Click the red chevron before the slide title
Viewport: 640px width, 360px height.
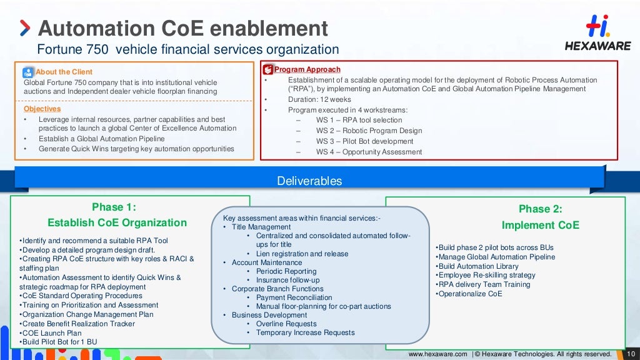click(24, 28)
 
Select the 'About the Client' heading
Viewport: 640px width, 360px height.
click(64, 72)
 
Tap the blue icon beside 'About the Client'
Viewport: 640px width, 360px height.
click(29, 72)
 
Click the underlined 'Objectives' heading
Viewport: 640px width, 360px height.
click(42, 109)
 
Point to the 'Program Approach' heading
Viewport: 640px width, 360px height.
click(307, 69)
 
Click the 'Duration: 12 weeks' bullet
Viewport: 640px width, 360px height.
click(319, 99)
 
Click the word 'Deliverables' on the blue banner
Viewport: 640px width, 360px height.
click(309, 181)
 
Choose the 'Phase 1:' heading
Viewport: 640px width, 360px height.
click(114, 207)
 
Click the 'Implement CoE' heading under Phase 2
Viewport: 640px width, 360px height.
click(540, 225)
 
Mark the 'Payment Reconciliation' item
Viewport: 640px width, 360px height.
click(294, 297)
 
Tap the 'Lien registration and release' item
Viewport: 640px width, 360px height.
click(302, 254)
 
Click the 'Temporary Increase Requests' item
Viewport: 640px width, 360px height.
click(305, 332)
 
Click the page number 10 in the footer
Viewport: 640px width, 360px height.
click(631, 354)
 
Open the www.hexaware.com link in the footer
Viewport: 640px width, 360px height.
click(437, 354)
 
